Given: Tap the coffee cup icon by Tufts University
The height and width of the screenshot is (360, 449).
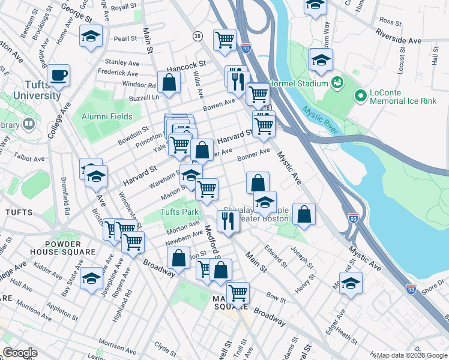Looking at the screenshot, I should coord(58,76).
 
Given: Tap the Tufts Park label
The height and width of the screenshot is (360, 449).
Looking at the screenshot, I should coord(179,212).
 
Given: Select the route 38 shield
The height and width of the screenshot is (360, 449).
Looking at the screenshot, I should coord(197,37).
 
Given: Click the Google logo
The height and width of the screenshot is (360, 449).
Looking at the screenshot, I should coord(20,353).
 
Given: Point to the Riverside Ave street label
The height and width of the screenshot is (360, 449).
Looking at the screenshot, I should coord(399,40).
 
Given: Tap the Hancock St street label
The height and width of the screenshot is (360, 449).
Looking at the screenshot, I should coord(186,63).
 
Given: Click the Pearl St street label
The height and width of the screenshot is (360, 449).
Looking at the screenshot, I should coord(125,38).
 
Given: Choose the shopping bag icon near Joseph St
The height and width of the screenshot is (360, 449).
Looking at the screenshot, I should coord(304,214).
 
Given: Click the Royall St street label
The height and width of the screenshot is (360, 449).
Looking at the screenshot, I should coord(124,7).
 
